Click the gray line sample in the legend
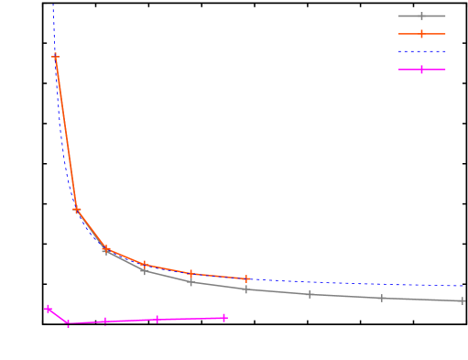click(421, 16)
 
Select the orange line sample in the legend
click(421, 34)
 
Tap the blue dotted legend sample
click(421, 51)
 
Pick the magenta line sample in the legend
click(421, 70)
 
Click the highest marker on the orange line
click(56, 57)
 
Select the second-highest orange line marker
click(77, 210)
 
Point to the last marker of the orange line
click(246, 278)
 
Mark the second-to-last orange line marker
click(190, 273)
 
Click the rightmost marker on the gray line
click(463, 300)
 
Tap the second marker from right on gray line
click(382, 298)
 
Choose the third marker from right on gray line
click(310, 294)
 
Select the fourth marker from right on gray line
click(246, 289)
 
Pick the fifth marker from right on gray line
click(190, 282)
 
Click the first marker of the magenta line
click(49, 309)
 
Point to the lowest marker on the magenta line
click(68, 323)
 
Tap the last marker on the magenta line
click(224, 318)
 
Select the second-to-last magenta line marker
click(158, 320)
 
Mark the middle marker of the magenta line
click(105, 322)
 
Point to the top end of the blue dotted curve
click(53, 4)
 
